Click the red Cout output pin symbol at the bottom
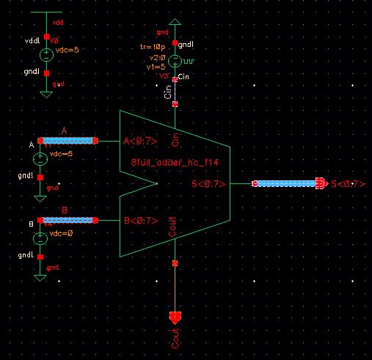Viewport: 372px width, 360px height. (175, 318)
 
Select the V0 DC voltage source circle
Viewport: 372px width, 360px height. (46, 54)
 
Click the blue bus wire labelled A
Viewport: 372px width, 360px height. (68, 140)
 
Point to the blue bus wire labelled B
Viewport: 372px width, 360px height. (68, 220)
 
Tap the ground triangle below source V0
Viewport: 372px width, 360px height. (46, 92)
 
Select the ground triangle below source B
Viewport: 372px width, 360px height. (40, 275)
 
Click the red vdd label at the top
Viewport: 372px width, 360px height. (58, 23)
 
